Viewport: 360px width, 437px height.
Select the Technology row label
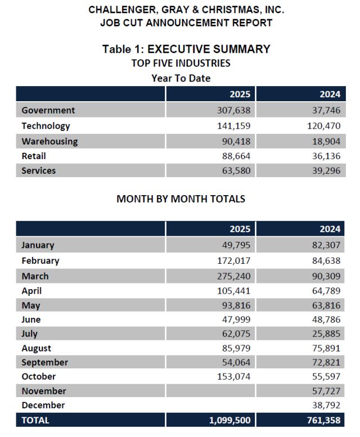coord(46,126)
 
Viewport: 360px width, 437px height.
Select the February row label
coord(40,260)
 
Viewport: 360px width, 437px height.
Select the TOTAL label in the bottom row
coord(35,420)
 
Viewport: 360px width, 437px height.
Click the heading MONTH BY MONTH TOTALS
coord(181,199)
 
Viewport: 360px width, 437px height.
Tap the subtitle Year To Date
coord(181,78)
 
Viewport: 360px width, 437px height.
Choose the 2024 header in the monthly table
coord(330,229)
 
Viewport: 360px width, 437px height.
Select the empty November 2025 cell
coord(211,391)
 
